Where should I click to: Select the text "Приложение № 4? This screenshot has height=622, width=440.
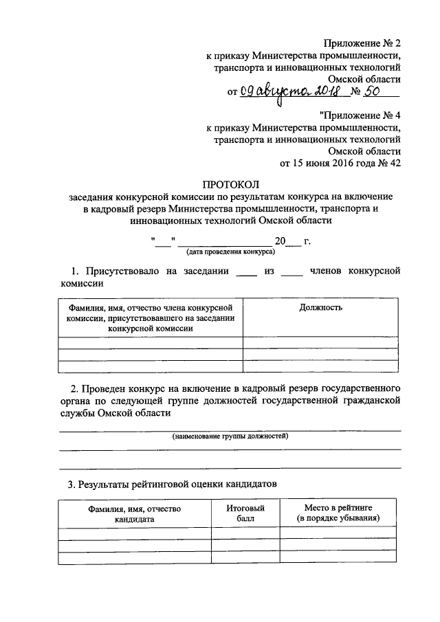[360, 115]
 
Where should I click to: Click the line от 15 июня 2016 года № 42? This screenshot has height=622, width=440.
[340, 163]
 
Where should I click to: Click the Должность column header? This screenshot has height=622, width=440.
[320, 308]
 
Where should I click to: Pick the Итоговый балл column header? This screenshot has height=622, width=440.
[245, 513]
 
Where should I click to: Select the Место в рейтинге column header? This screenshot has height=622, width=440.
[338, 513]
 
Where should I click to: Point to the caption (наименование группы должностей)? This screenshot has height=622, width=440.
[230, 436]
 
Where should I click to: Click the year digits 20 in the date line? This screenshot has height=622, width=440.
[279, 241]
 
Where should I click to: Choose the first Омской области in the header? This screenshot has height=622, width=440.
[364, 79]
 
